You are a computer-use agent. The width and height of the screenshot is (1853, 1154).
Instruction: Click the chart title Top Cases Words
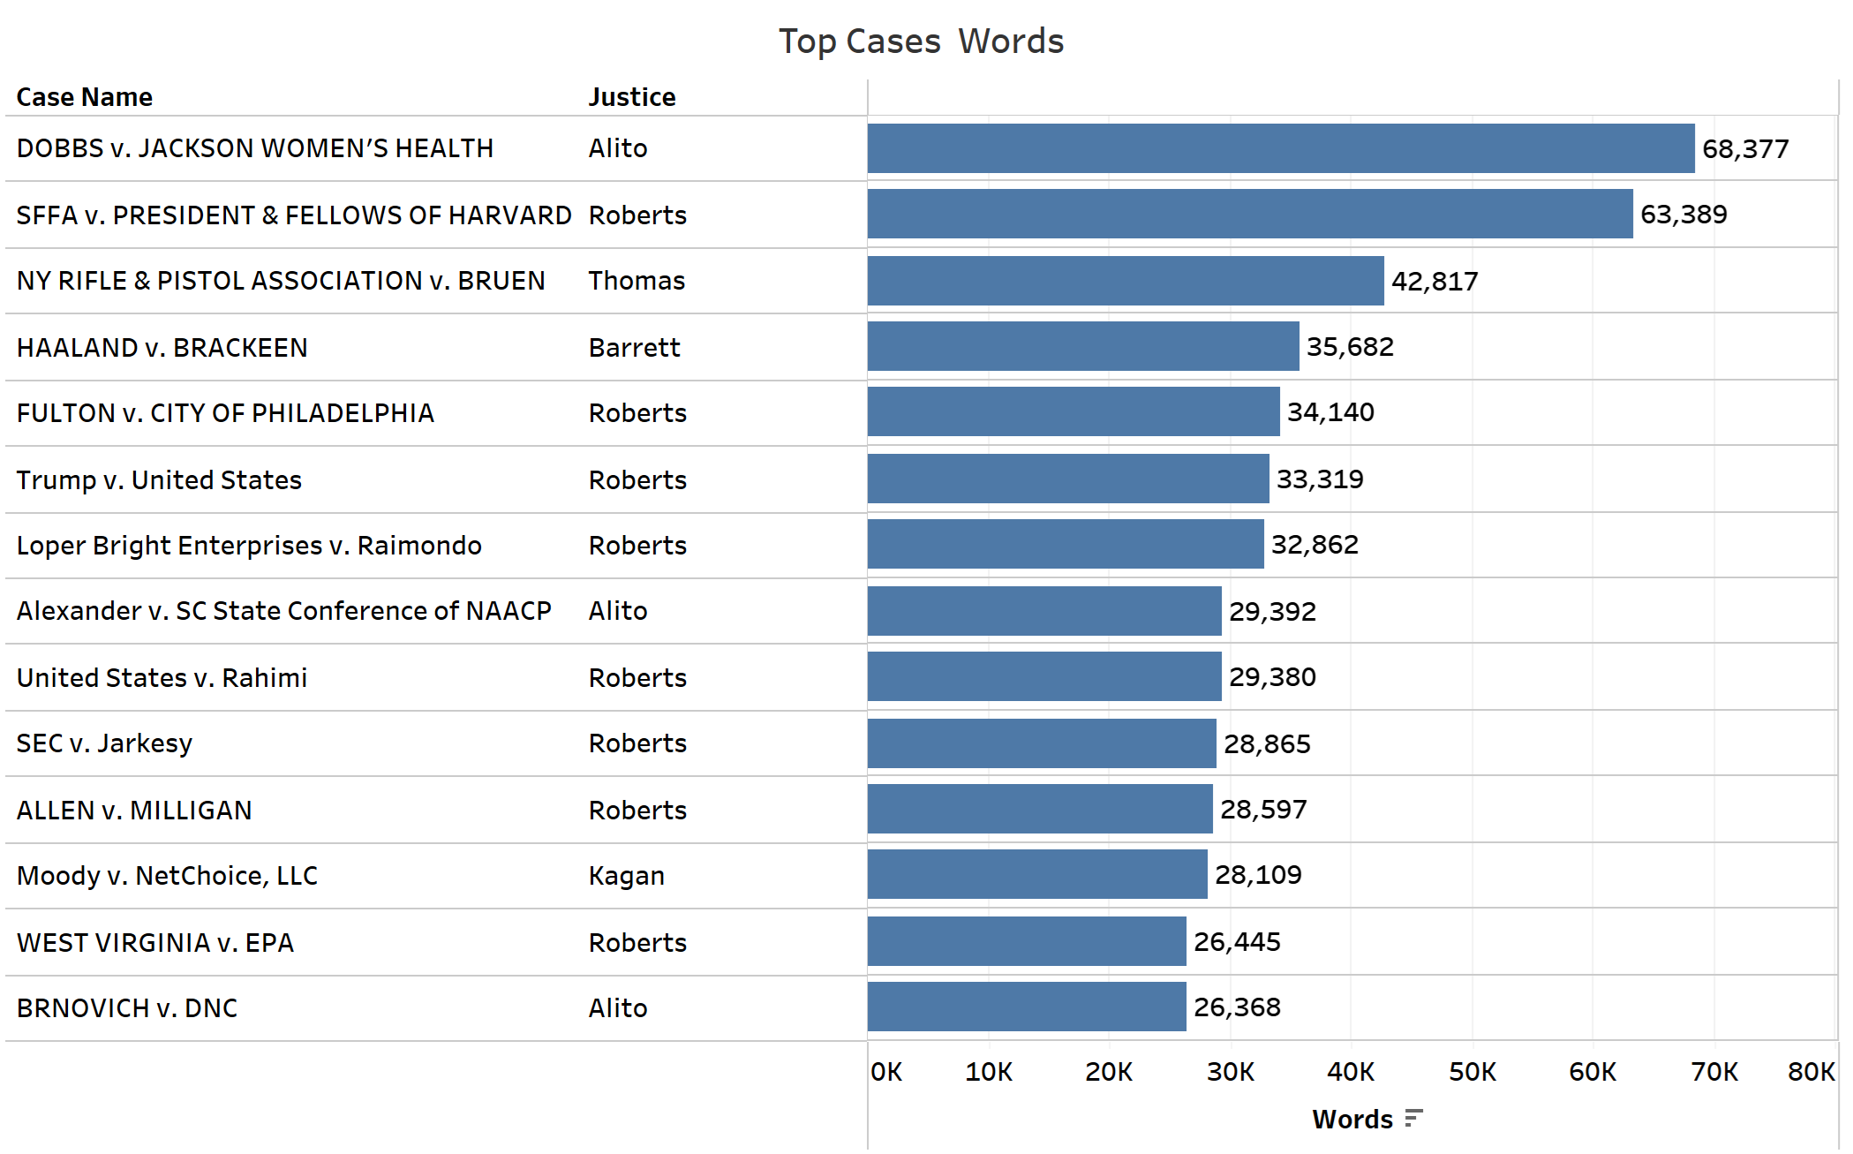(x=921, y=41)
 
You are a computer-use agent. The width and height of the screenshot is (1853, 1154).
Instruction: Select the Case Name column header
(x=84, y=97)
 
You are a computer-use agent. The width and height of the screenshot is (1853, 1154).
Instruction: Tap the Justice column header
(x=632, y=97)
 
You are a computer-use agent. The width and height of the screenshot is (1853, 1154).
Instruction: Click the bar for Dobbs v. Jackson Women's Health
(x=1280, y=148)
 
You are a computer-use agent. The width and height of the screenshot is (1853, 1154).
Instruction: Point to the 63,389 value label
(x=1684, y=215)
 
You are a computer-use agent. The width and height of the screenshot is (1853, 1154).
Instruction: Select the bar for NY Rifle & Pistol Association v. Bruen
(x=1126, y=281)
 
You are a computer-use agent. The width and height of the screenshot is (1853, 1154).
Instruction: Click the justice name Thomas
(x=636, y=281)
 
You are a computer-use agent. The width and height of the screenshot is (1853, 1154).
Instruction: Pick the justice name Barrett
(x=634, y=348)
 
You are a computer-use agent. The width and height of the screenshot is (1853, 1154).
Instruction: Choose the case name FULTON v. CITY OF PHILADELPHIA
(x=225, y=413)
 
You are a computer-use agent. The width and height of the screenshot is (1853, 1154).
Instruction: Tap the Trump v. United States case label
(x=159, y=480)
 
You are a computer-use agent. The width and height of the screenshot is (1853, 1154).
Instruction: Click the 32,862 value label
(x=1314, y=545)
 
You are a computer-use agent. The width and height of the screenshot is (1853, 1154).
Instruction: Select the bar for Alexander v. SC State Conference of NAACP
(x=1044, y=611)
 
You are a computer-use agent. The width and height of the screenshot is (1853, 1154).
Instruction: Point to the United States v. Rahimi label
(x=162, y=678)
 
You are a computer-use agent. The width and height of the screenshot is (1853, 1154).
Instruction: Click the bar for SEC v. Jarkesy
(x=1042, y=743)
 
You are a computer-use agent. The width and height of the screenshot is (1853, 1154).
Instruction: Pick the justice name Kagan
(x=626, y=876)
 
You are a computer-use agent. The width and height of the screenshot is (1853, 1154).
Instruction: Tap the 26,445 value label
(x=1237, y=942)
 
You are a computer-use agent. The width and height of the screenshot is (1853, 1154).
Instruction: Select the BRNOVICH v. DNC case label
(x=127, y=1008)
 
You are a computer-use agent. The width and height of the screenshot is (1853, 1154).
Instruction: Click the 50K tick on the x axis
(x=1472, y=1072)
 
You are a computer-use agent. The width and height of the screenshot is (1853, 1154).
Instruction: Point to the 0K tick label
(x=886, y=1072)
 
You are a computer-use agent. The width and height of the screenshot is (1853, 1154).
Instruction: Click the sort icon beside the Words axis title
(x=1413, y=1119)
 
